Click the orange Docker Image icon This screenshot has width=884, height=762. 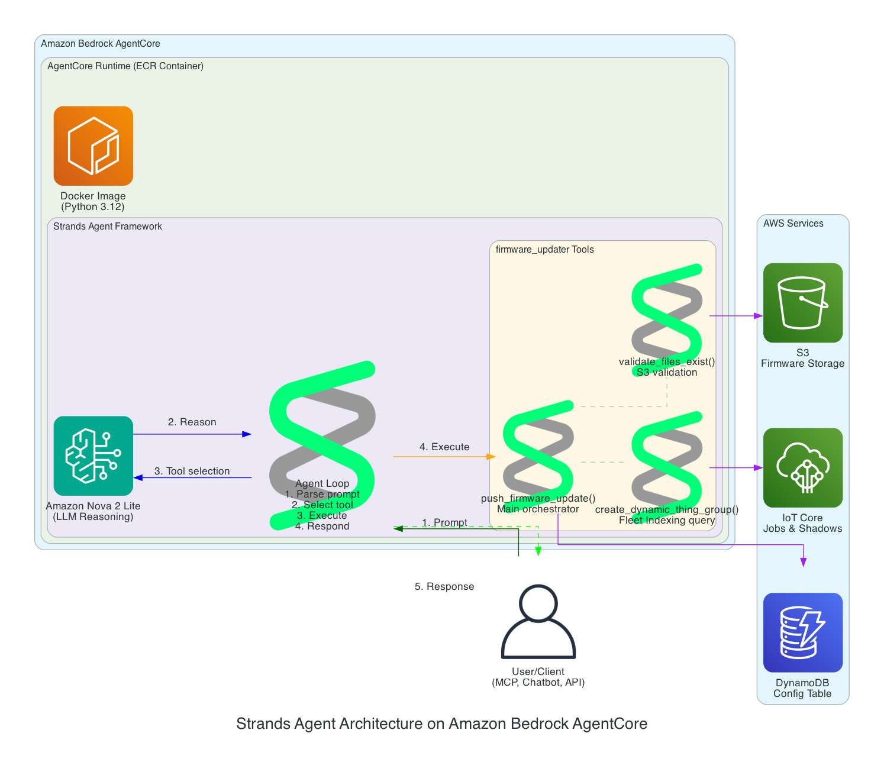click(x=93, y=146)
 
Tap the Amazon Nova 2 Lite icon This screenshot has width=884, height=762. click(x=93, y=456)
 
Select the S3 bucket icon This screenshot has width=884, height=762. click(x=802, y=303)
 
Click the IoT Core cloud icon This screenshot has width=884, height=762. click(x=802, y=467)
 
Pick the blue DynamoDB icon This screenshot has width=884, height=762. click(x=802, y=632)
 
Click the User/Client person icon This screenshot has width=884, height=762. click(x=538, y=622)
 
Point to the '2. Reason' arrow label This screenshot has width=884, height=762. click(x=192, y=422)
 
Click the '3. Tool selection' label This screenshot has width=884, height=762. click(x=192, y=471)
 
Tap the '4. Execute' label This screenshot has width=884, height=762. click(x=444, y=447)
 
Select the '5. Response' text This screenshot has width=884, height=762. click(x=444, y=586)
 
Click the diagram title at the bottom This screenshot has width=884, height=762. click(x=441, y=724)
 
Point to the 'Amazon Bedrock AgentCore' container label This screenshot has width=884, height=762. click(x=100, y=44)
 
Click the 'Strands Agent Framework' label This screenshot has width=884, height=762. click(x=107, y=227)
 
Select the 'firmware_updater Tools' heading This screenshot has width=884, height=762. click(x=544, y=250)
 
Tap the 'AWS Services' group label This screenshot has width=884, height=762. click(x=793, y=224)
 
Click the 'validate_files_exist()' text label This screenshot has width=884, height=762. click(x=666, y=361)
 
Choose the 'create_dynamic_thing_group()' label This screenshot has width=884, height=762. click(x=666, y=509)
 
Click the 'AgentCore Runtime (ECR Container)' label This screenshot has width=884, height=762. click(x=125, y=66)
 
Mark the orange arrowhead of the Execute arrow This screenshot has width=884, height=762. click(x=491, y=457)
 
